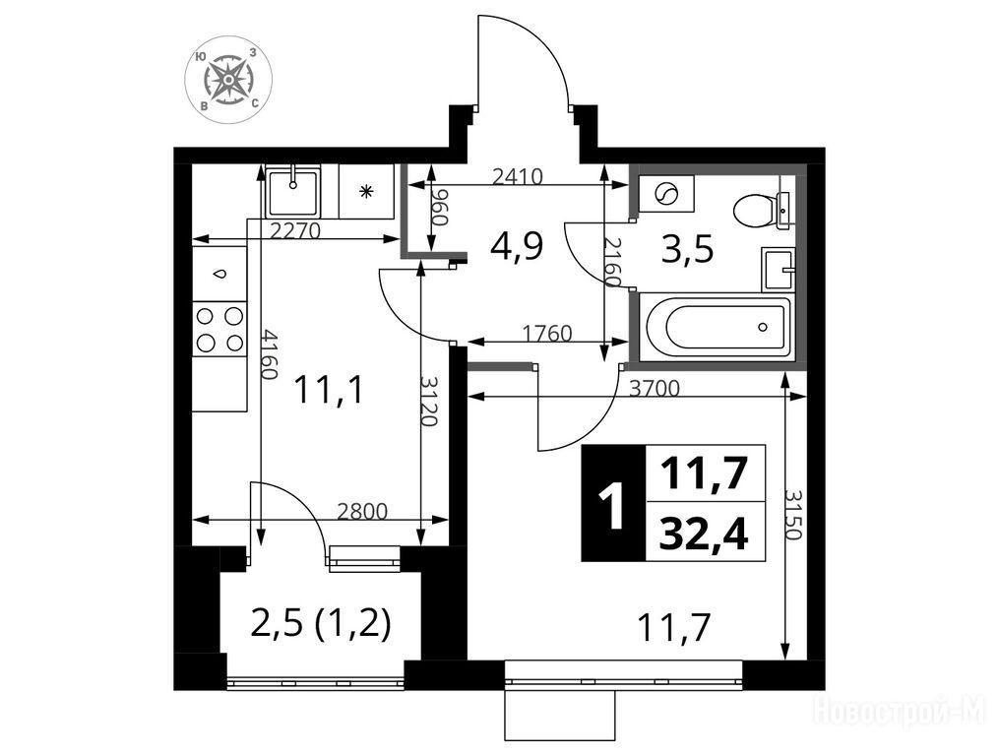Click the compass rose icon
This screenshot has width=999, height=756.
(x=228, y=79)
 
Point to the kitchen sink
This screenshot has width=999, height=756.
(x=292, y=191)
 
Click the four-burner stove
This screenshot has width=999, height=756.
(x=219, y=329)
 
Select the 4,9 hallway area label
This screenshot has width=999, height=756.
(x=517, y=246)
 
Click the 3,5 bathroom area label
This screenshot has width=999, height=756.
(x=687, y=249)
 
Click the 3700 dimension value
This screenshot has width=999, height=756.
(x=655, y=388)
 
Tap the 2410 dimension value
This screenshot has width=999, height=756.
(x=517, y=176)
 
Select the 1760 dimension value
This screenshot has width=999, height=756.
(x=546, y=333)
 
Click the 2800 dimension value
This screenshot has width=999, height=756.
(x=362, y=511)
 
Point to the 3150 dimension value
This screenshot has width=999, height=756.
(x=792, y=515)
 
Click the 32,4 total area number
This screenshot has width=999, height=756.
(x=704, y=535)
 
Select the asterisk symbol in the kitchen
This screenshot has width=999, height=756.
(x=366, y=191)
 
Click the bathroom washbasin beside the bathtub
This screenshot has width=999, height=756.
(x=778, y=270)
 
